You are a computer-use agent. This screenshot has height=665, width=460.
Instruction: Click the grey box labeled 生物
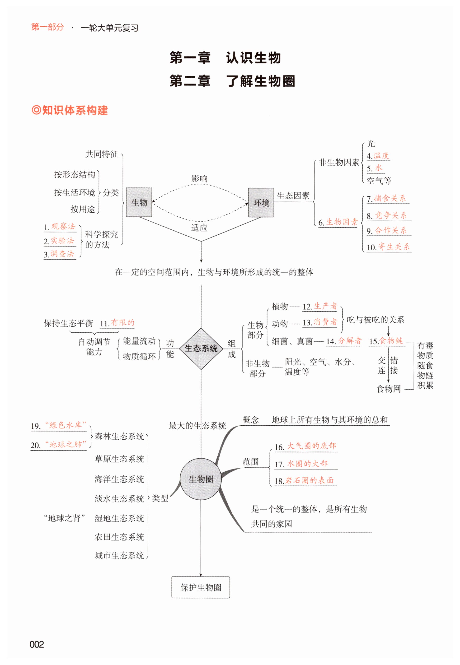pos(139,202)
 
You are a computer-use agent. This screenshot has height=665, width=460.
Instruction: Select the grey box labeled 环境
pos(261,202)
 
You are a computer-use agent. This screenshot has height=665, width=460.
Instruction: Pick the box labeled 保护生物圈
pos(201,587)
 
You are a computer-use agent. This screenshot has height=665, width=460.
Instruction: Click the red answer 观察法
pos(63,226)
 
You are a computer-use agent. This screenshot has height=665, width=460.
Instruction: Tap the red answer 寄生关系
pos(394,246)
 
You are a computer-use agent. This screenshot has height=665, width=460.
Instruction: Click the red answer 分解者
pos(350,341)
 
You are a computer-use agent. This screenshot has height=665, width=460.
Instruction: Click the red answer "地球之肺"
pos(66,444)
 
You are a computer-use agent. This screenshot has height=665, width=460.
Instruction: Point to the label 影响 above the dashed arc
pos(199,179)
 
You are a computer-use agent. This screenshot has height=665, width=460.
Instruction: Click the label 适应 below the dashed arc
pos(199,228)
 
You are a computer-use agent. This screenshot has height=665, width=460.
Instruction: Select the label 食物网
pos(389,389)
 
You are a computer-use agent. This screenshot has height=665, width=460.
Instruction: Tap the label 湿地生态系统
pos(119,518)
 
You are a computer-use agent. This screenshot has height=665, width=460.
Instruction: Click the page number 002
pos(37,644)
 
